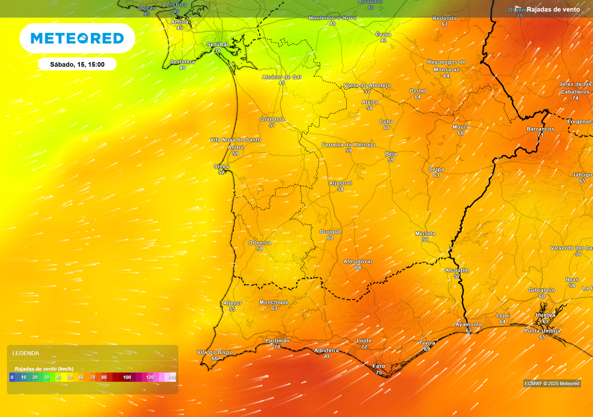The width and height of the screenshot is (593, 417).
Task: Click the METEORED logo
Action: (77, 38)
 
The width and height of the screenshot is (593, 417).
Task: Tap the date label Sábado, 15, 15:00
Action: (77, 64)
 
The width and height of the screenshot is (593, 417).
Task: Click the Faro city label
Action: (379, 366)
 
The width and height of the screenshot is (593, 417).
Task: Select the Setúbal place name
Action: (218, 45)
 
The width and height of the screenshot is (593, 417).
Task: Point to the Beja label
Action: (391, 153)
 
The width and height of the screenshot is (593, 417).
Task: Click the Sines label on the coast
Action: (221, 166)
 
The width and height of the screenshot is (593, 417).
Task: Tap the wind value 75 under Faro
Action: (379, 373)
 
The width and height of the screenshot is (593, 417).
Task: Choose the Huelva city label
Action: (546, 315)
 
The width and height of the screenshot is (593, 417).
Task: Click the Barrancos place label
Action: (540, 129)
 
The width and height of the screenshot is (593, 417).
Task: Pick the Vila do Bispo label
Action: (215, 352)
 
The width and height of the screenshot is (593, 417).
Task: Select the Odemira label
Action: (259, 243)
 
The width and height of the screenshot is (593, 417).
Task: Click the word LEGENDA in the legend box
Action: (26, 353)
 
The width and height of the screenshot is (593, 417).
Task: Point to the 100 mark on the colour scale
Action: (127, 378)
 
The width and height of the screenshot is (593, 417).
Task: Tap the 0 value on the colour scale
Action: (12, 378)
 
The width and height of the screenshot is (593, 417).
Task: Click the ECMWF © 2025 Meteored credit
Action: (552, 383)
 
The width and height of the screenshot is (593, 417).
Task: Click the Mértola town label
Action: (425, 233)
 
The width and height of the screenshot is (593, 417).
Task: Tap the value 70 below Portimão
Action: (277, 347)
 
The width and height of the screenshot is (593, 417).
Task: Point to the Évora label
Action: (383, 34)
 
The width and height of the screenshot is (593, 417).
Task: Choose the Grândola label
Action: (272, 119)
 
